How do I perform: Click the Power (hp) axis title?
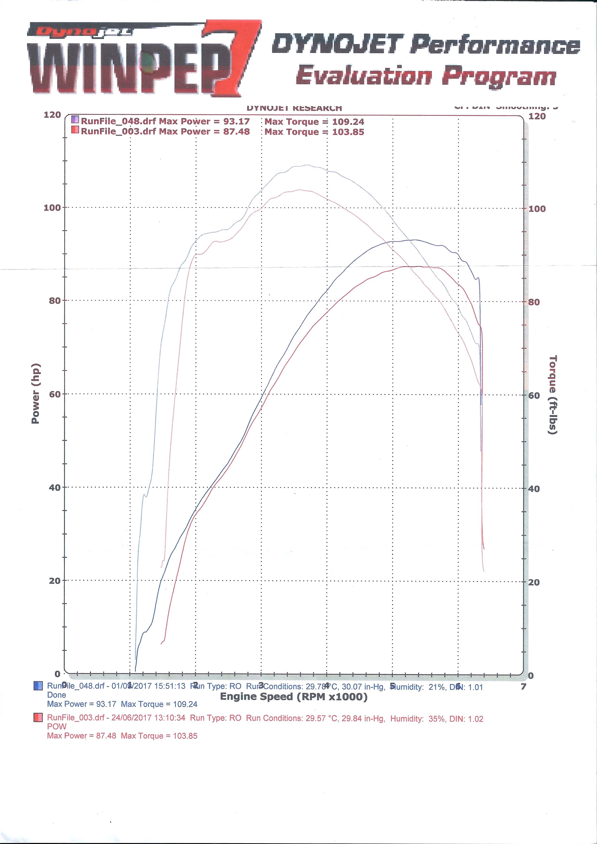[x=35, y=393]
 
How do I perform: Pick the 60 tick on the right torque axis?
[x=534, y=396]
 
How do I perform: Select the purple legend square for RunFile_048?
[x=75, y=119]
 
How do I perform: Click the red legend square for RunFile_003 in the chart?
[x=75, y=130]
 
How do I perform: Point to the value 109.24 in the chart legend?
[x=348, y=122]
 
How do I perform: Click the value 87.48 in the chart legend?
[x=236, y=132]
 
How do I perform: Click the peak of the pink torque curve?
[x=300, y=190]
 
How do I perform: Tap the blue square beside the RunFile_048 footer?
[x=38, y=686]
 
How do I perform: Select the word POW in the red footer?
[x=57, y=727]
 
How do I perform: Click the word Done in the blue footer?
[x=57, y=695]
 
